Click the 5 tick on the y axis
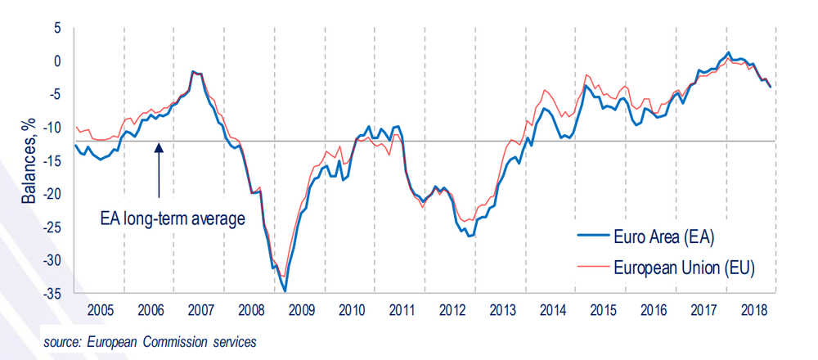tap(56, 28)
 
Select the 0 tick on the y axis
tap(56, 61)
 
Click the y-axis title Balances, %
tap(29, 160)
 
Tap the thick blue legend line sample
tap(592, 238)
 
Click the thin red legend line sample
tap(592, 267)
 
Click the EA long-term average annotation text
tap(173, 218)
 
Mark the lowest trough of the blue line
tap(285, 290)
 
